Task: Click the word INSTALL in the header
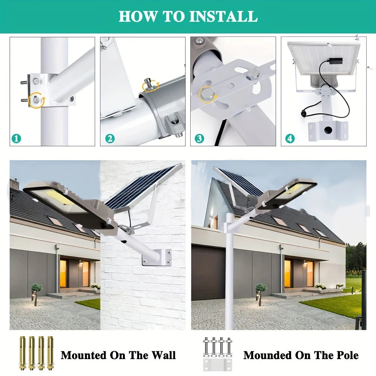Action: tap(223, 17)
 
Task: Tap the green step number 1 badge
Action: tap(15, 138)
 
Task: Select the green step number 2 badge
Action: tap(109, 138)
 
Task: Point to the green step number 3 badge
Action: tap(199, 138)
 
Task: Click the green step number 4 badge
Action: tap(290, 138)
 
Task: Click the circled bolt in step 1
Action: tap(36, 100)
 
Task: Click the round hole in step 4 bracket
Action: tap(328, 130)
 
